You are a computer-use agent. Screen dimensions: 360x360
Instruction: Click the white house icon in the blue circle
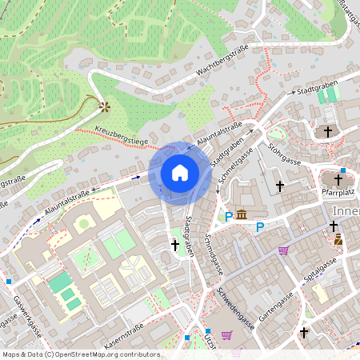coord(180,173)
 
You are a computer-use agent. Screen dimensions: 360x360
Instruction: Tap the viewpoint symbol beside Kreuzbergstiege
coord(102,106)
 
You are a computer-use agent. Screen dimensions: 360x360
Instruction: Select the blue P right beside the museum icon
coord(229,216)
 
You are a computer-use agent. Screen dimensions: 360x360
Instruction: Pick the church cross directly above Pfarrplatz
coord(338,180)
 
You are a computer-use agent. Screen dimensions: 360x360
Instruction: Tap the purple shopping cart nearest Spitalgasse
coord(283,250)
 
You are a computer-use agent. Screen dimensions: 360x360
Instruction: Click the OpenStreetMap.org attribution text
coord(102,354)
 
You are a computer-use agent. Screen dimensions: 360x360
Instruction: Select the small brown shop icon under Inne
coord(338,239)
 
